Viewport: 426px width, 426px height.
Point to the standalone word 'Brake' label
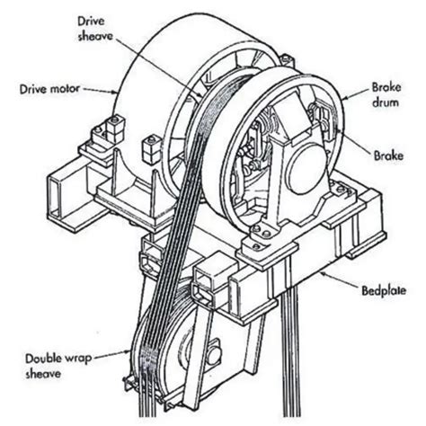[387, 155]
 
